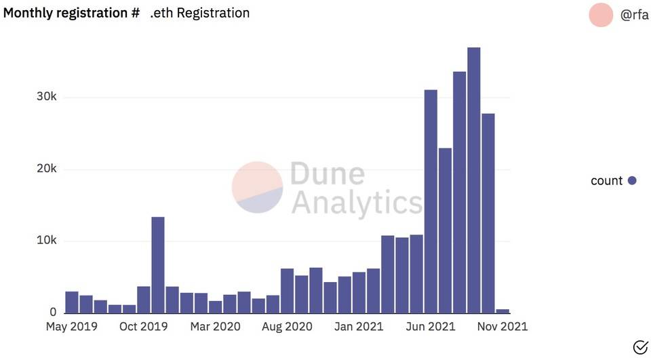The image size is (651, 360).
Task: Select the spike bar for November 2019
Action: (x=158, y=265)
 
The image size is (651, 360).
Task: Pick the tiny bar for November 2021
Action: (x=502, y=311)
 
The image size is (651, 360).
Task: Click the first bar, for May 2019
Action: (x=71, y=302)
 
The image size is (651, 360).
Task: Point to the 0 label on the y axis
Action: (x=52, y=313)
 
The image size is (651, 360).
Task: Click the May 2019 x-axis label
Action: (x=71, y=327)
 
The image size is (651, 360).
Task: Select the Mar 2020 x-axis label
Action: (x=216, y=327)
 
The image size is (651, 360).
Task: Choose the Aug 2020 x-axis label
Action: (x=288, y=327)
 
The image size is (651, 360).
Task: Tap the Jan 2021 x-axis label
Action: (x=359, y=327)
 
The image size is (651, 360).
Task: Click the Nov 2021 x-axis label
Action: (x=502, y=327)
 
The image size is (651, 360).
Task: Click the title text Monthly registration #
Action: (x=72, y=13)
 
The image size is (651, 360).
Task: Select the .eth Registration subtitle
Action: (x=199, y=13)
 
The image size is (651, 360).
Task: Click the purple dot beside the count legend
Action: (x=632, y=180)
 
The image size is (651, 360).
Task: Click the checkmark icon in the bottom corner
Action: (x=640, y=348)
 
